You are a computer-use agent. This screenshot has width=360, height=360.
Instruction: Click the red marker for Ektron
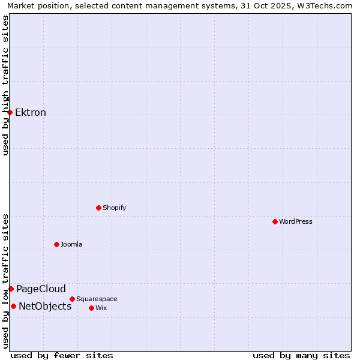[10, 112]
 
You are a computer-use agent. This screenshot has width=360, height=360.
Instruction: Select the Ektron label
[31, 113]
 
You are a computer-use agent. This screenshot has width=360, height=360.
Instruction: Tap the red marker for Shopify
[98, 208]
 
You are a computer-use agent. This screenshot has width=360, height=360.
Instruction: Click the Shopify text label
[114, 208]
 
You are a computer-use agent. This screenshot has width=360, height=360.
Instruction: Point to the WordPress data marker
[275, 221]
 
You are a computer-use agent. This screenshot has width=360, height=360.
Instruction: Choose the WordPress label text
[295, 222]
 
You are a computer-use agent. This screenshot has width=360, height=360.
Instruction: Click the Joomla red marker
[56, 244]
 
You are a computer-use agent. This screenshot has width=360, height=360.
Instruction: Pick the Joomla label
[71, 245]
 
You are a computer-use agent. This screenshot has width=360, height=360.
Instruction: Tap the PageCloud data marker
[11, 289]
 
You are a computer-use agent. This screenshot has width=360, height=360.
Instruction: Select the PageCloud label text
[41, 289]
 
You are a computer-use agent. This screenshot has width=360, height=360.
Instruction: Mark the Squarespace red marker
[72, 299]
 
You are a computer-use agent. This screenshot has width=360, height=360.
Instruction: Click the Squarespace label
[97, 299]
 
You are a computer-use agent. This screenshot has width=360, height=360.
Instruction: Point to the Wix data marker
[91, 308]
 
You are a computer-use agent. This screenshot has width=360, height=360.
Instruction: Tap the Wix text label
[101, 308]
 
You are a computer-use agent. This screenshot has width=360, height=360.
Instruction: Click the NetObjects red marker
[13, 306]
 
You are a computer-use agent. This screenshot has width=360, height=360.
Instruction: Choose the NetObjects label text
[45, 307]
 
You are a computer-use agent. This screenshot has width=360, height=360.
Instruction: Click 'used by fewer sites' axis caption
[62, 355]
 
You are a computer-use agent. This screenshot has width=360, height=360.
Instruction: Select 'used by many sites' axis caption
[301, 355]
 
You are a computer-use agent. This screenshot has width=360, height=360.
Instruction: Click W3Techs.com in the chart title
[327, 5]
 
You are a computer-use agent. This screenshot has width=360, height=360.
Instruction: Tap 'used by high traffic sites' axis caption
[5, 85]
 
